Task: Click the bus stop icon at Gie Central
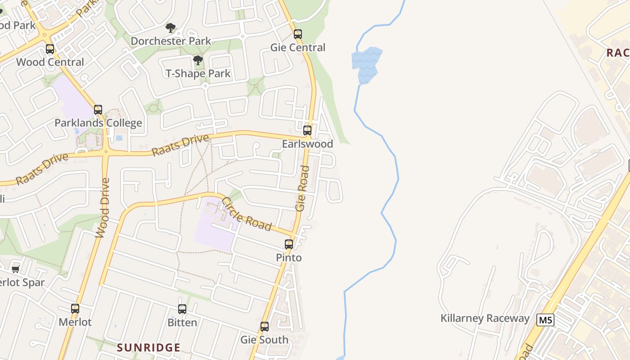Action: pos(297,34)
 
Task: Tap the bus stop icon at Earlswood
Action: pos(307,131)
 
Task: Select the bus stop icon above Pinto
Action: pos(289,244)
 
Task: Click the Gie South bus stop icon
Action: pos(265,327)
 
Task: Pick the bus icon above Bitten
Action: pos(182,309)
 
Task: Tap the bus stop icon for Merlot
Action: pos(75,309)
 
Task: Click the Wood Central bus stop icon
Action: pos(50,49)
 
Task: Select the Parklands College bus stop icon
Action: pos(98,110)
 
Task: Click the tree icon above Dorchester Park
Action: pos(170,28)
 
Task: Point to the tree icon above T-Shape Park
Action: pos(198,60)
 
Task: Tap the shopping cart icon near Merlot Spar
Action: pos(16,269)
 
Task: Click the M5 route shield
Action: pos(545,320)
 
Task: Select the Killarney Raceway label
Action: pos(485,319)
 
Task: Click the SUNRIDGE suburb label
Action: pos(148,347)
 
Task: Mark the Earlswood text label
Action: pos(307,144)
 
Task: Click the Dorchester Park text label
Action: pos(171,41)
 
